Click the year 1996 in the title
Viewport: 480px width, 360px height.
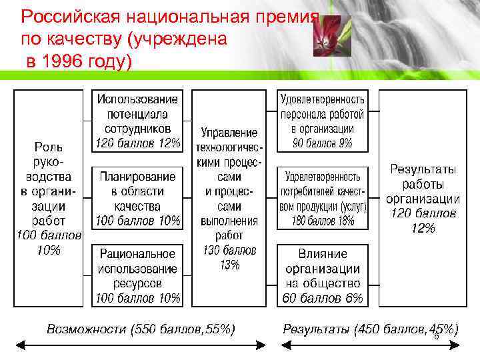66,62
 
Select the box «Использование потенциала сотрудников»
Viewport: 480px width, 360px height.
138,121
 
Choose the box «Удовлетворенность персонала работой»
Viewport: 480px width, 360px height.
323,121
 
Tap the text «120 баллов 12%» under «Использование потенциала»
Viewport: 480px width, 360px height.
138,143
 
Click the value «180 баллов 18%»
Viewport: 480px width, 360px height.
323,221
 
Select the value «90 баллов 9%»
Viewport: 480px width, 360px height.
323,143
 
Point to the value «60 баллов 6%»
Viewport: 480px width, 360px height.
323,298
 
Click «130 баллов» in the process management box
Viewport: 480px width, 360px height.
229,251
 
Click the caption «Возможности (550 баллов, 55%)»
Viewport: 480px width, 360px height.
141,328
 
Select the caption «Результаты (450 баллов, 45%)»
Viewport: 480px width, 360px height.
370,328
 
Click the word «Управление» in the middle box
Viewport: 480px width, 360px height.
229,133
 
